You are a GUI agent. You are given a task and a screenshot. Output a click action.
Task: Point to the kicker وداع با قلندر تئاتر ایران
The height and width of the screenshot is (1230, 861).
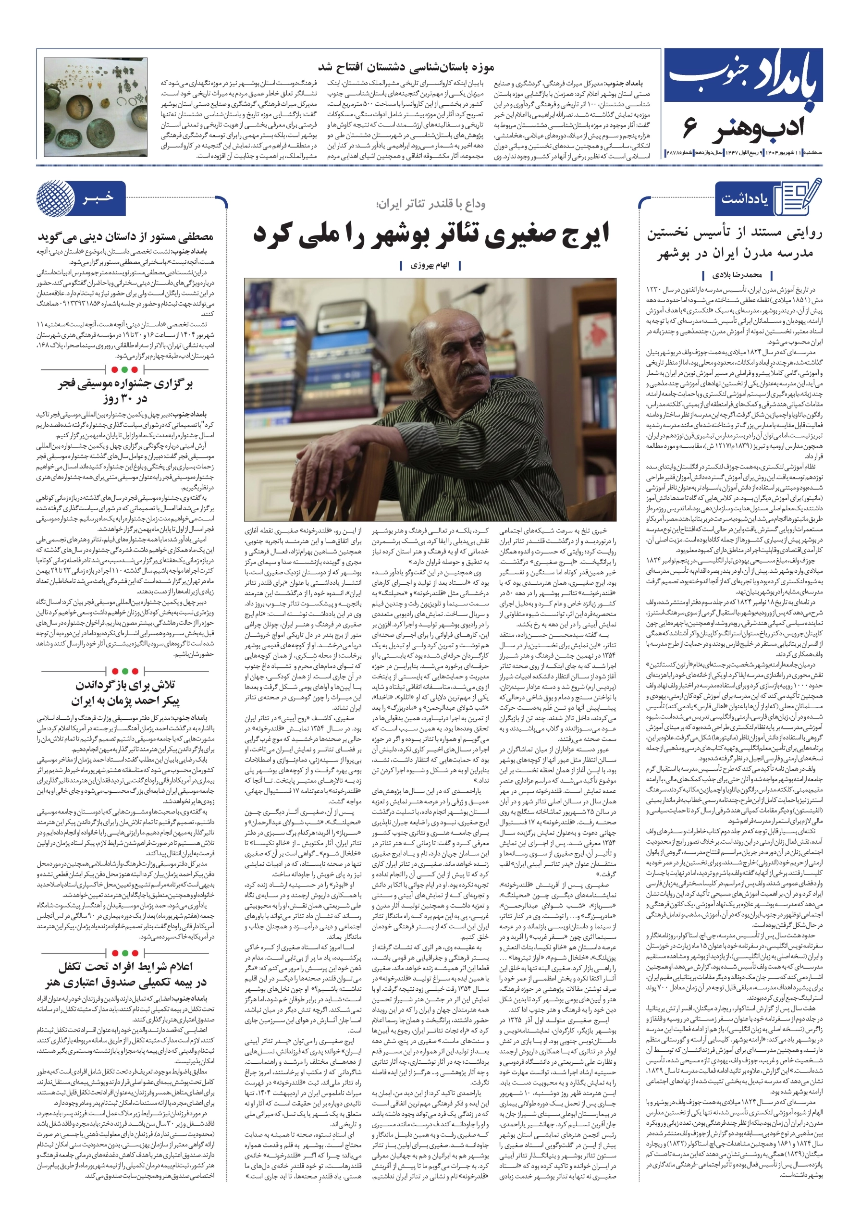click(x=431, y=204)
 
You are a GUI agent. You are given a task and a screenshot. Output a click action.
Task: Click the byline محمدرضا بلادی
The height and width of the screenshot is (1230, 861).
click(x=737, y=275)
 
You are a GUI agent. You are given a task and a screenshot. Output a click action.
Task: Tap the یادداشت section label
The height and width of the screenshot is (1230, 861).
click(x=745, y=199)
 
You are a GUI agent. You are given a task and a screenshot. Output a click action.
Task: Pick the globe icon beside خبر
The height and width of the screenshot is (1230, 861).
click(x=56, y=198)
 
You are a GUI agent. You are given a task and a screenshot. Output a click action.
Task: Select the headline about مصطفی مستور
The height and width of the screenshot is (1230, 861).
click(x=125, y=236)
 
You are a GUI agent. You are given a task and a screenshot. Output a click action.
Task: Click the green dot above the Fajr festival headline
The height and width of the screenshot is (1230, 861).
click(x=125, y=369)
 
